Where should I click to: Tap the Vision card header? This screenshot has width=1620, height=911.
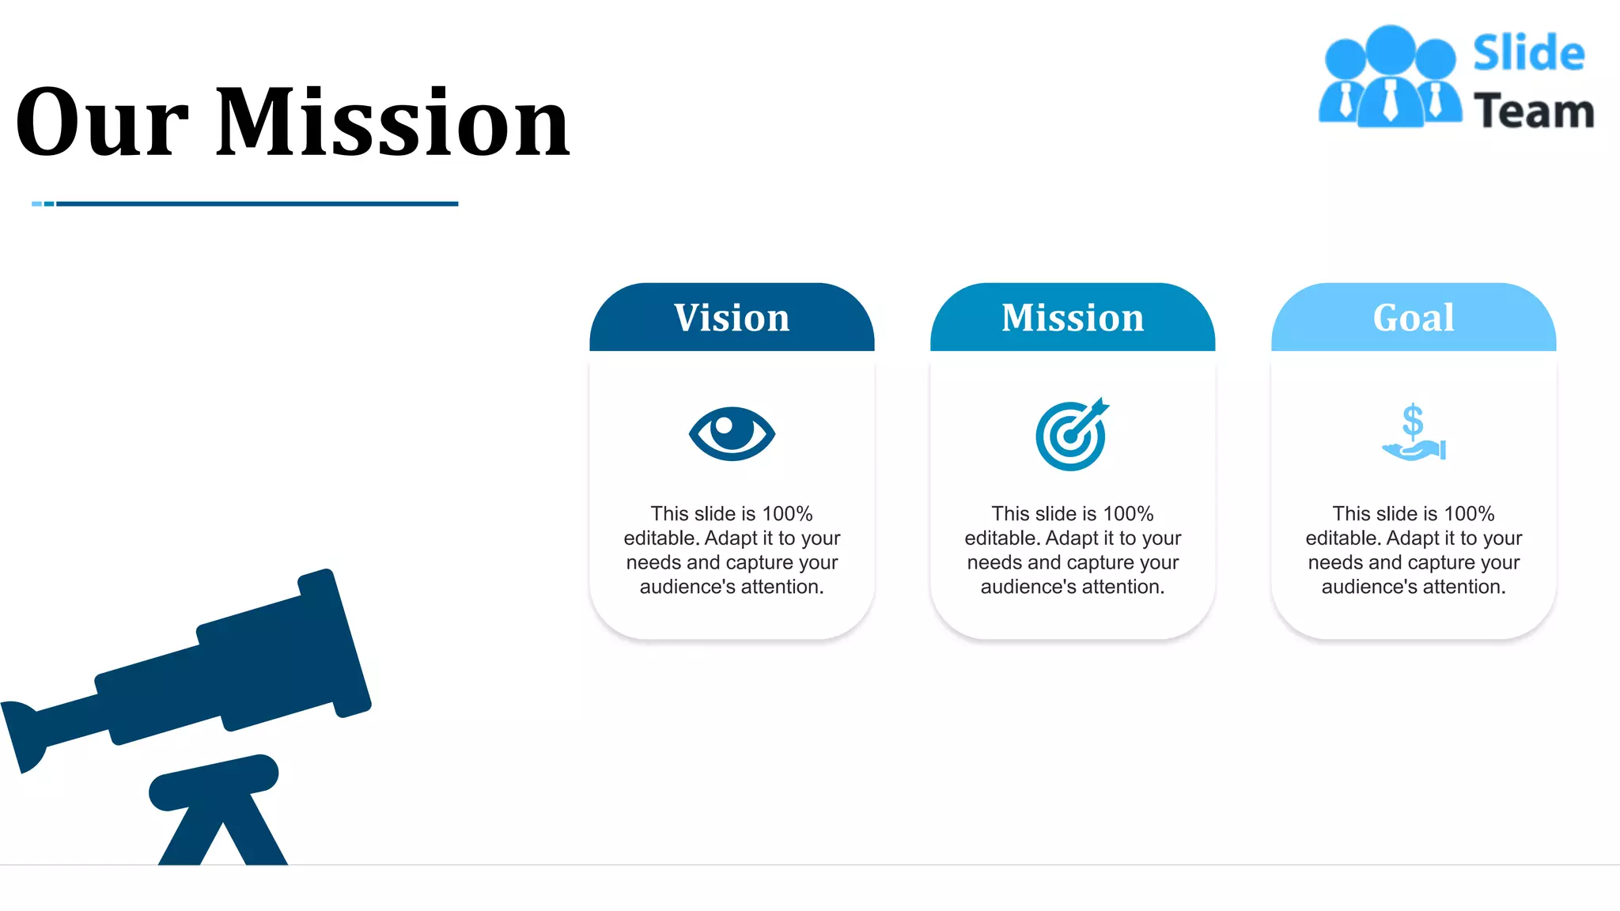732,318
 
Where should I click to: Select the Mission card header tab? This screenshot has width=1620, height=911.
1073,318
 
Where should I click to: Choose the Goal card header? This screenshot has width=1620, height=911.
1414,318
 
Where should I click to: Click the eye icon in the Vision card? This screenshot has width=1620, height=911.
732,433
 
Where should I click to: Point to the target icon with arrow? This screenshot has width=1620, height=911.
1072,434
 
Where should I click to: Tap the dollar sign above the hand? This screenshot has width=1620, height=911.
1413,420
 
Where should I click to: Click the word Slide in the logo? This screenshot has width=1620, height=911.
1528,54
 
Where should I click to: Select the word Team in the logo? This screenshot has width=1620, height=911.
1534,111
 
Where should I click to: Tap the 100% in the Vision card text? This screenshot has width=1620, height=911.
787,514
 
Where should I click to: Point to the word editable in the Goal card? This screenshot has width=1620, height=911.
1342,539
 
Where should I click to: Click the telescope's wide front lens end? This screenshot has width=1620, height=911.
335,642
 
